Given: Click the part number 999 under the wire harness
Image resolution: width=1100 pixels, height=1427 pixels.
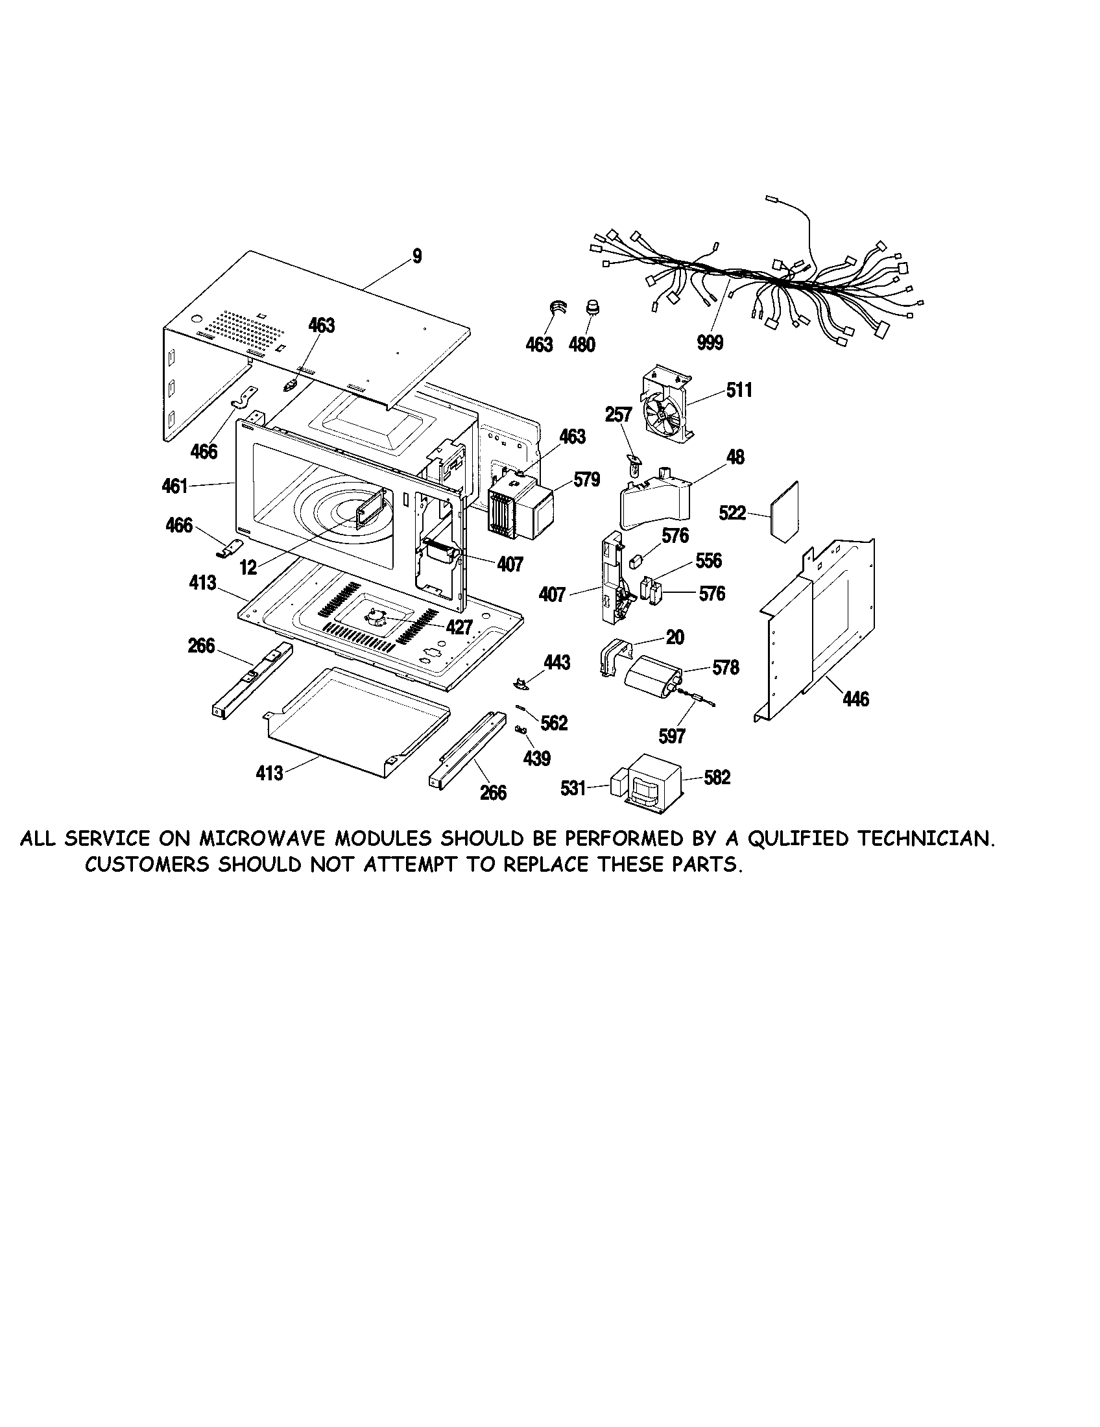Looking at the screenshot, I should (x=710, y=343).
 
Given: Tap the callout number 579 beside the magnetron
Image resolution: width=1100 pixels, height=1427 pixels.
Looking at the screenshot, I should (x=586, y=480).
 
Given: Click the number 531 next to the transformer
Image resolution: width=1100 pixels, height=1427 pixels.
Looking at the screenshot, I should (x=573, y=789).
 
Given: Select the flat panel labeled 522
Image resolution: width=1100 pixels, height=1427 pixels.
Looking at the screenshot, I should (x=785, y=512).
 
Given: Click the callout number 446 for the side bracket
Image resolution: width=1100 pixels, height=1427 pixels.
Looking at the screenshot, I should (x=855, y=700).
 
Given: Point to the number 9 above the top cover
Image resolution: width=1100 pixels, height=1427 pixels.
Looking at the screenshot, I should (x=418, y=256).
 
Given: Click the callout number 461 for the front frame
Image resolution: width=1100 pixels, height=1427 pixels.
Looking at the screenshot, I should (x=174, y=486).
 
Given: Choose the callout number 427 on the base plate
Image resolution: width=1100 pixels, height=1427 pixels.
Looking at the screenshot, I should (x=459, y=627).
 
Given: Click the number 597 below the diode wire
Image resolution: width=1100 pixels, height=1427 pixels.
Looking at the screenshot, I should (x=671, y=736).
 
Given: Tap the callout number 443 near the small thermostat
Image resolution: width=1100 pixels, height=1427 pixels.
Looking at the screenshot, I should (x=556, y=662).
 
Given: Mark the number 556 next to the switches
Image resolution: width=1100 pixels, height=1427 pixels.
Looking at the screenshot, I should (x=708, y=560).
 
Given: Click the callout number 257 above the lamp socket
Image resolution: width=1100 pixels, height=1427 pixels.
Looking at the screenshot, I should (x=619, y=415).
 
